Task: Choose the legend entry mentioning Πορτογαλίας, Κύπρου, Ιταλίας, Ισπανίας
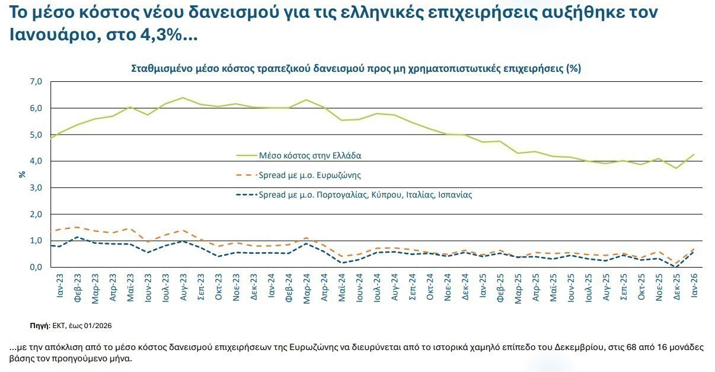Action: pos(365,195)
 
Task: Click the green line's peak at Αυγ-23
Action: pos(183,97)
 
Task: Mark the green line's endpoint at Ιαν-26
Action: pos(694,154)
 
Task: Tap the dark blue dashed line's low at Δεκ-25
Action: pos(676,267)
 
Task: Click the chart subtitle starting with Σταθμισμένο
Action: pos(356,68)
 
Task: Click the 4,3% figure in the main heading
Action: pos(159,35)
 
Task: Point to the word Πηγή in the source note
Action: pos(39,326)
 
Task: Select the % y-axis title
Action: pos(22,174)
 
